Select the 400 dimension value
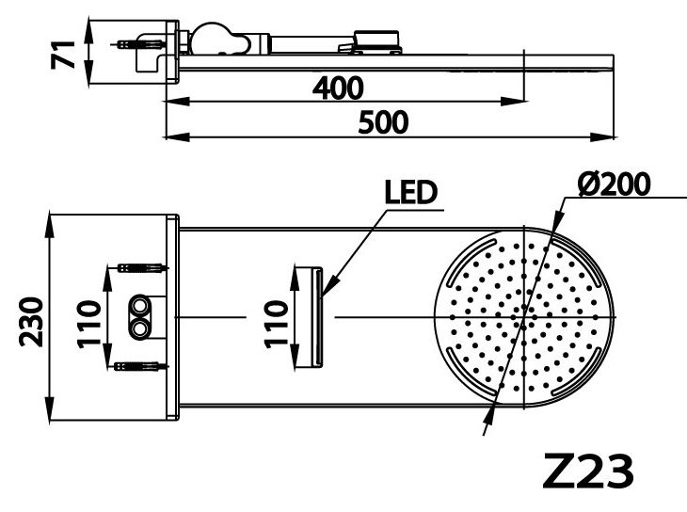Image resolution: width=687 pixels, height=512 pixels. [x=338, y=88]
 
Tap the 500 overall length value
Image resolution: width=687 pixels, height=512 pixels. [x=382, y=122]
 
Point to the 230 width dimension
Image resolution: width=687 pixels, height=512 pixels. [x=32, y=320]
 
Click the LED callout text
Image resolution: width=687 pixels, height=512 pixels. [x=412, y=193]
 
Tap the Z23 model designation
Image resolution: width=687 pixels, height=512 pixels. [x=589, y=472]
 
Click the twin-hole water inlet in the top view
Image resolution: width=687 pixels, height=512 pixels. [x=142, y=317]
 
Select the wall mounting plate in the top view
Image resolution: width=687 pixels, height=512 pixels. [x=172, y=318]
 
